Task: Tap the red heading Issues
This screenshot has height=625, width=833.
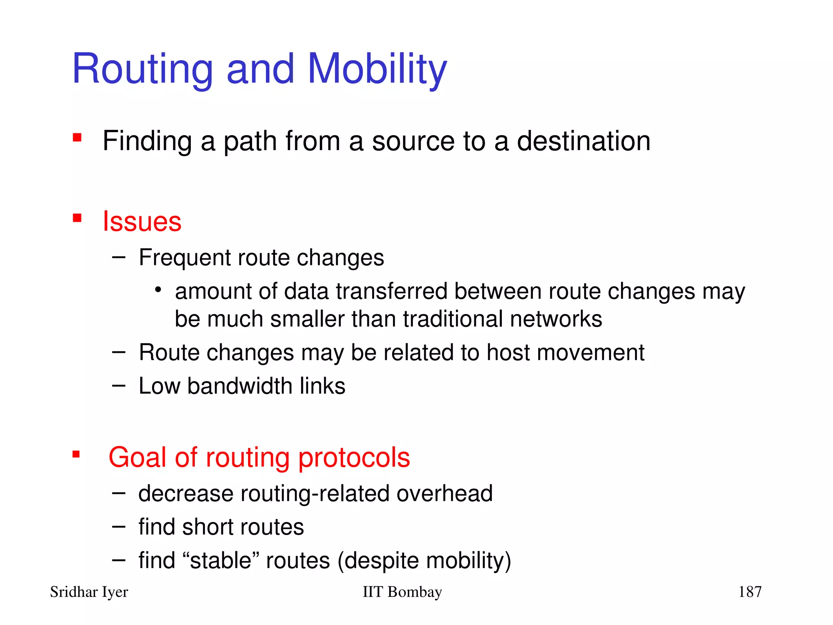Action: point(142,222)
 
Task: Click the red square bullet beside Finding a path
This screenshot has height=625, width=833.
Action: point(77,138)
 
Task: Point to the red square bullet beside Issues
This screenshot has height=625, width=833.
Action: point(77,219)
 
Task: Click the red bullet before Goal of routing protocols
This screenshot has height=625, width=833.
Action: point(76,454)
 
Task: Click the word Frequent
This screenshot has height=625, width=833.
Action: point(184,258)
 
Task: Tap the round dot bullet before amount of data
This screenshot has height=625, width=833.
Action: point(158,290)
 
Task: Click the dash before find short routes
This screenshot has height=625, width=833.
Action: point(119,527)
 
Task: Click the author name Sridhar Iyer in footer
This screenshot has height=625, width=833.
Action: point(89,592)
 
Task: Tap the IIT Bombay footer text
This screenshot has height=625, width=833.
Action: point(402,592)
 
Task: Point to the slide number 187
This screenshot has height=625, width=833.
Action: point(750,592)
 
